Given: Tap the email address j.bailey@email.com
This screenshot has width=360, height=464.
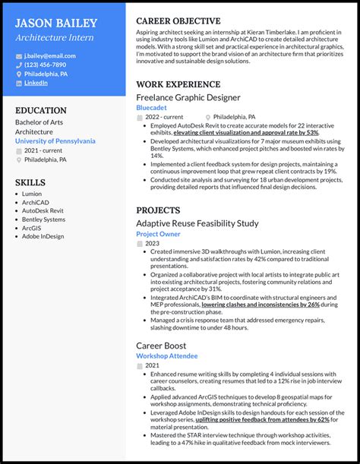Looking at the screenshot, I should (48, 56).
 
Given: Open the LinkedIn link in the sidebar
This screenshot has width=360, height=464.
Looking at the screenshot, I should (36, 83).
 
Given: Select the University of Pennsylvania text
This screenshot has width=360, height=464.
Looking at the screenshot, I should (55, 140).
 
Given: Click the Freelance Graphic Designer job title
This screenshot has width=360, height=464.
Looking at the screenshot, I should (188, 98).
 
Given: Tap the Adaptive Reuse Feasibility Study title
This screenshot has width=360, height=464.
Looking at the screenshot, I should (197, 223).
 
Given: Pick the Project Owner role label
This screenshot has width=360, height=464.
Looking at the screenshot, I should (159, 234).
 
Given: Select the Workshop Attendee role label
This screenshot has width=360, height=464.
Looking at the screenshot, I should (166, 355).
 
